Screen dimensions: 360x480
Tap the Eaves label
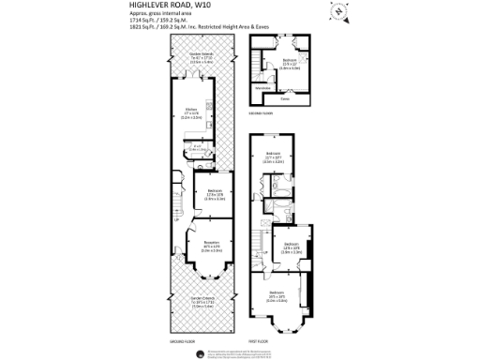pos(286,96)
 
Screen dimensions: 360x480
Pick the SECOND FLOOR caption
pos(260,112)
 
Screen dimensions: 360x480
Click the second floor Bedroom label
pos(290,59)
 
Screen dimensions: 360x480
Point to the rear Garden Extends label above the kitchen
pos(190,55)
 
